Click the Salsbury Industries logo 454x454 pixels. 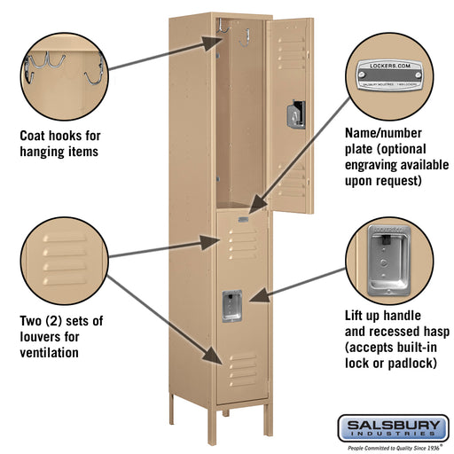click(392, 429)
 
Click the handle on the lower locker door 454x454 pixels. click(232, 306)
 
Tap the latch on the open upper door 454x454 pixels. click(295, 113)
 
